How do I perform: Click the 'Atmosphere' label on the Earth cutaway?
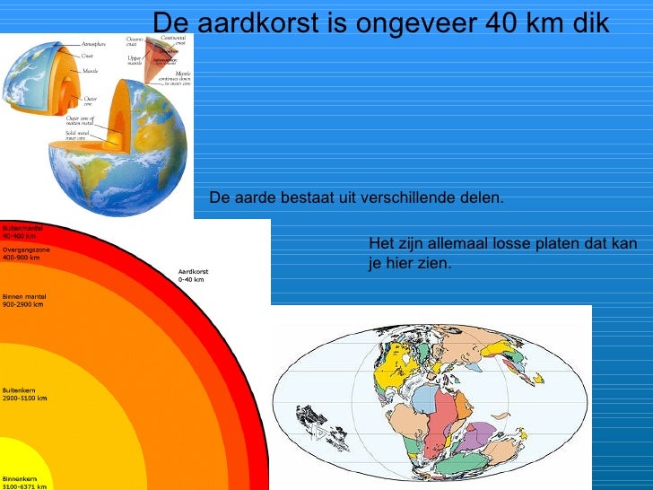pyautogui.click(x=93, y=43)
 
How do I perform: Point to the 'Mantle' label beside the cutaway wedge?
pyautogui.click(x=90, y=70)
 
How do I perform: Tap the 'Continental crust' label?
pyautogui.click(x=173, y=40)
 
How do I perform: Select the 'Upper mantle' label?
pyautogui.click(x=135, y=61)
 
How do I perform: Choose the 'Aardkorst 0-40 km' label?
pyautogui.click(x=192, y=276)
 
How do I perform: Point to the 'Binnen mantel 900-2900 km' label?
pyautogui.click(x=24, y=300)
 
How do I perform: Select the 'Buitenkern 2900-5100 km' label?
pyautogui.click(x=24, y=394)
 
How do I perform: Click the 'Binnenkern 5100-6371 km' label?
pyautogui.click(x=24, y=483)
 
